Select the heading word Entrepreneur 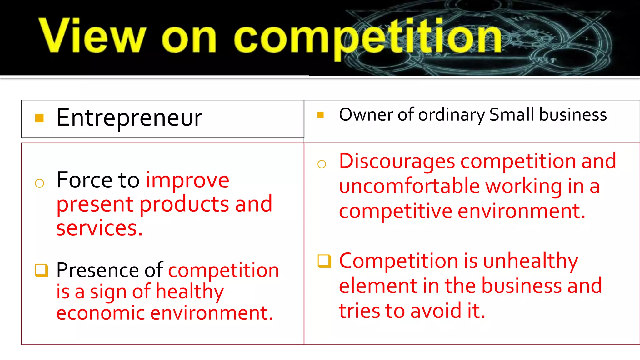pos(129,118)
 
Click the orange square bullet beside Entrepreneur pos(39,118)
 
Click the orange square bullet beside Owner pos(320,115)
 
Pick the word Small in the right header pos(512,114)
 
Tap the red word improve pos(187,181)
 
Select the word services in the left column pos(99,228)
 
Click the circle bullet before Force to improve pos(39,183)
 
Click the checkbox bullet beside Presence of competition pos(41,270)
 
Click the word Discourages pos(397,162)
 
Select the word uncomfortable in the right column pos(409,186)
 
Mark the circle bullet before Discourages pos(322,164)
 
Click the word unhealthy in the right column pos(530,261)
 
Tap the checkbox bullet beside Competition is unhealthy pos(324,261)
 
